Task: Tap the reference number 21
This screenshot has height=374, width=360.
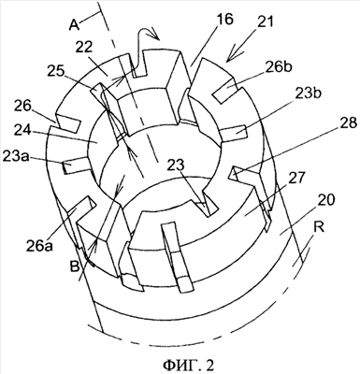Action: [265, 22]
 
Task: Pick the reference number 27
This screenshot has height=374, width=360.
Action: [295, 178]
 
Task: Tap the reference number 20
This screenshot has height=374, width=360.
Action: [326, 201]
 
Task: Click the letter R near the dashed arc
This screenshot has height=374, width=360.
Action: [319, 227]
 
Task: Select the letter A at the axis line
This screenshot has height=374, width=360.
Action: [75, 25]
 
